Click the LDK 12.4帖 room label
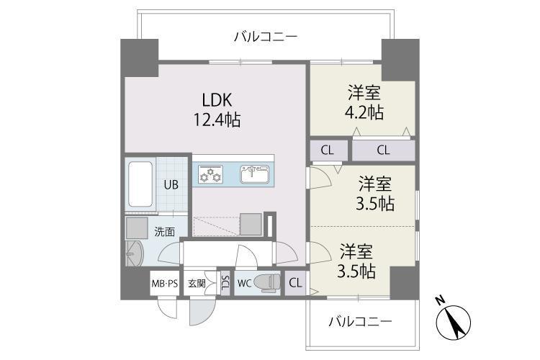pyautogui.click(x=216, y=110)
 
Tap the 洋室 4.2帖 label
pyautogui.click(x=364, y=102)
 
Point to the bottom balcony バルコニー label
pyautogui.click(x=361, y=320)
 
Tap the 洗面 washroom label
pyautogui.click(x=164, y=232)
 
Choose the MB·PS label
pyautogui.click(x=164, y=283)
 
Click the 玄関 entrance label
pyautogui.click(x=197, y=283)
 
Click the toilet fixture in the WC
pyautogui.click(x=266, y=283)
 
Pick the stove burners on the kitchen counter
pyautogui.click(x=211, y=174)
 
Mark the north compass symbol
pyautogui.click(x=454, y=320)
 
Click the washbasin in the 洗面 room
pyautogui.click(x=132, y=254)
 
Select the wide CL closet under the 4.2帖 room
pyautogui.click(x=382, y=150)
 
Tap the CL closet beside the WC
pyautogui.click(x=295, y=283)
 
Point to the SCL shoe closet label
pyautogui.click(x=225, y=283)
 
